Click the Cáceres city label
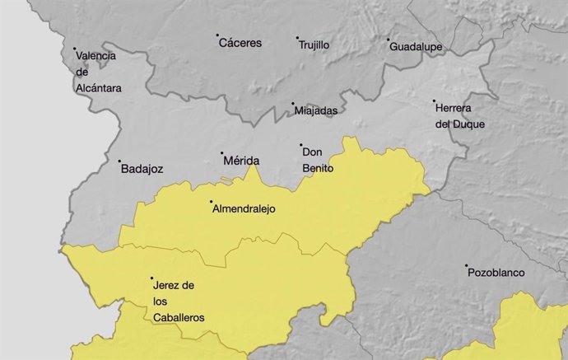(x=240, y=43)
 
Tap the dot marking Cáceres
(x=217, y=35)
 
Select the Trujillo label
(x=314, y=45)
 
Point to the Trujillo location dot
(x=297, y=38)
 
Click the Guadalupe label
(x=417, y=46)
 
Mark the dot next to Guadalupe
(x=389, y=39)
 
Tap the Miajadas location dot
(x=292, y=105)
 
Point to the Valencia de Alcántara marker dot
(x=75, y=49)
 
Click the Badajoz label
(x=142, y=169)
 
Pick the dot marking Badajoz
(x=119, y=161)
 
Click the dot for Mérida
(x=221, y=153)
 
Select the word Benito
(x=319, y=167)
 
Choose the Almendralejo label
(x=244, y=209)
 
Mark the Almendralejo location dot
(x=212, y=202)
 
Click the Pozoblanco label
(x=497, y=273)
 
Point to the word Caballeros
(x=179, y=316)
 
